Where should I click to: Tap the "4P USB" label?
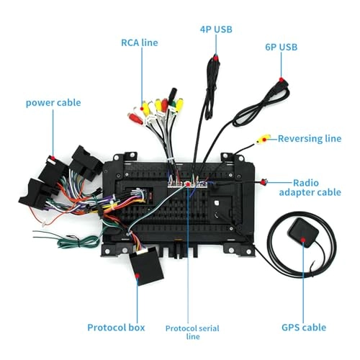(216, 30)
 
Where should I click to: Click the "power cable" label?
(53, 103)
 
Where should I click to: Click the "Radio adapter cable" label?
(317, 188)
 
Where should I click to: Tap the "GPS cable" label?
(307, 328)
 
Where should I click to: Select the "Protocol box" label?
(116, 328)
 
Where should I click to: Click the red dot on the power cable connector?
(53, 156)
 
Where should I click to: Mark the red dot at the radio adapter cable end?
(264, 183)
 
